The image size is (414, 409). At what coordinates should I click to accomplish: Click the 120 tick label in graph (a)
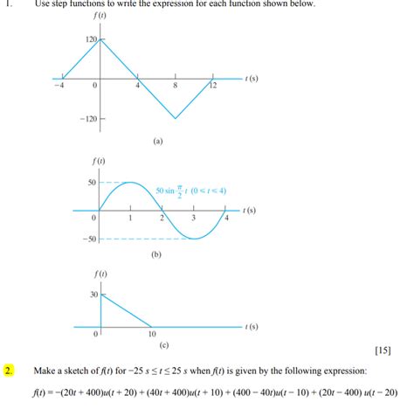[91, 40]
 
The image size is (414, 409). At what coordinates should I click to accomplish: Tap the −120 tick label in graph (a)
[88, 118]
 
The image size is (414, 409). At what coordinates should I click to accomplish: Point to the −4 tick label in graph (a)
[59, 87]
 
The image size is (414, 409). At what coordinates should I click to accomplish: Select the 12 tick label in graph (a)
[212, 87]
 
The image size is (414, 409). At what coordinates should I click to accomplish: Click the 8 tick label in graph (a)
[176, 87]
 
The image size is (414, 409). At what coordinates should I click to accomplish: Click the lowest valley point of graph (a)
[176, 118]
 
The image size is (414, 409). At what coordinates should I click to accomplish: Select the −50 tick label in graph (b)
[88, 239]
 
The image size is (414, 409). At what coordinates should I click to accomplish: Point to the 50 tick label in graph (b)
[91, 182]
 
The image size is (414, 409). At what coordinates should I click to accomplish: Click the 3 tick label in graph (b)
[193, 218]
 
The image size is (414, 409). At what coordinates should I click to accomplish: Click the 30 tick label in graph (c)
[93, 295]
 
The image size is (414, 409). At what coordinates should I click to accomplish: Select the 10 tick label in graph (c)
[151, 334]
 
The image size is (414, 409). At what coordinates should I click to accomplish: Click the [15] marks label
[382, 351]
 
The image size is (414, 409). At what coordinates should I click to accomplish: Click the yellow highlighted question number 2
[9, 371]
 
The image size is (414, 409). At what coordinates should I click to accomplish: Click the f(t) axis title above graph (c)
[102, 275]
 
